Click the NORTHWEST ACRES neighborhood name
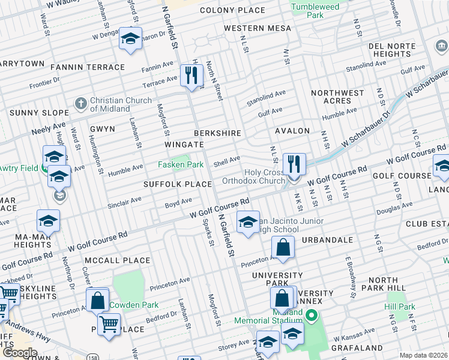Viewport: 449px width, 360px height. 338,97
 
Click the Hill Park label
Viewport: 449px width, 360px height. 400,307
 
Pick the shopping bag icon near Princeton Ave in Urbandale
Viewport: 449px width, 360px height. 282,247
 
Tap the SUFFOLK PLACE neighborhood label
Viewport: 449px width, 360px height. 177,184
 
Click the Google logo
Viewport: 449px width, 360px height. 20,353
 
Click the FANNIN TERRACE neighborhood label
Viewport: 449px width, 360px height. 88,67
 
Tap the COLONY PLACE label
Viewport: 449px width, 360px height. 232,10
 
